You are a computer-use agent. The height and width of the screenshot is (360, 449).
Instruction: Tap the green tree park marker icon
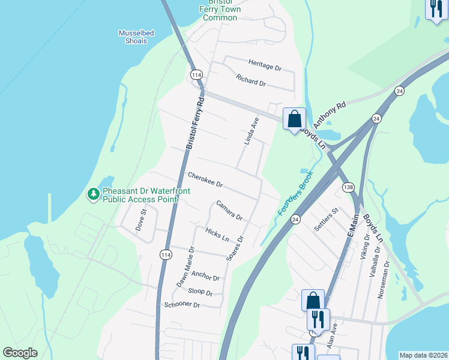(93, 194)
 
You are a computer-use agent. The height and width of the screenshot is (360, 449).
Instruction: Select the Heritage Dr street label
(265, 65)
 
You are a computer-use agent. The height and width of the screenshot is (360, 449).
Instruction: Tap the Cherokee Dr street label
(205, 179)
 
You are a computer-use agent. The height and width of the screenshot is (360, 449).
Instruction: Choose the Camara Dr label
(229, 210)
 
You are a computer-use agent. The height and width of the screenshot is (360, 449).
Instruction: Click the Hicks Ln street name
(217, 233)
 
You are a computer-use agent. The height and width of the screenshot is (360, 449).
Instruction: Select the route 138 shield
(348, 188)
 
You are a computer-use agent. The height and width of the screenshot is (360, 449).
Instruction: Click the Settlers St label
(327, 220)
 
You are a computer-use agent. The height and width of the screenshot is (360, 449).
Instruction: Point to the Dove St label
(142, 220)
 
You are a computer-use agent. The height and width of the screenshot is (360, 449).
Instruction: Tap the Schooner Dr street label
(182, 305)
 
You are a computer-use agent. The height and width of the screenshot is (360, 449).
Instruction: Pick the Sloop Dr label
(200, 292)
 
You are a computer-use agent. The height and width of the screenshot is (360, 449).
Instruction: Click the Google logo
(20, 353)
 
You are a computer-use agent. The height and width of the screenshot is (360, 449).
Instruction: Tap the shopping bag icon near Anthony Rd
(294, 118)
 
